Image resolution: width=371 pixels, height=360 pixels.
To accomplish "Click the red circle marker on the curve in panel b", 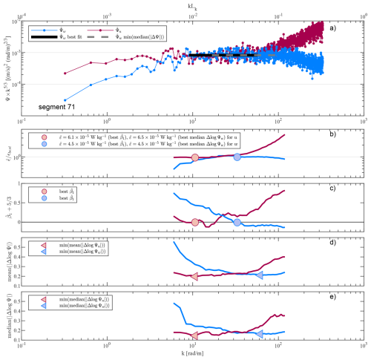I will pyautogui.click(x=194, y=157).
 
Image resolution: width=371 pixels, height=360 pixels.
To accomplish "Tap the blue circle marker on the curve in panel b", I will pyautogui.click(x=237, y=157).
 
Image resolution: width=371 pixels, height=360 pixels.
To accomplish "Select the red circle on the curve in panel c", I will pyautogui.click(x=194, y=222).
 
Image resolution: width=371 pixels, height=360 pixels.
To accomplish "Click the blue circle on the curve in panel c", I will pyautogui.click(x=237, y=222).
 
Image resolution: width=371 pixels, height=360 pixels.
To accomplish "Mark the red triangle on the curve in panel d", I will pyautogui.click(x=194, y=276).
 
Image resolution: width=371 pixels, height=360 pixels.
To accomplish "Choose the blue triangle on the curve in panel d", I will pyautogui.click(x=260, y=275).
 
